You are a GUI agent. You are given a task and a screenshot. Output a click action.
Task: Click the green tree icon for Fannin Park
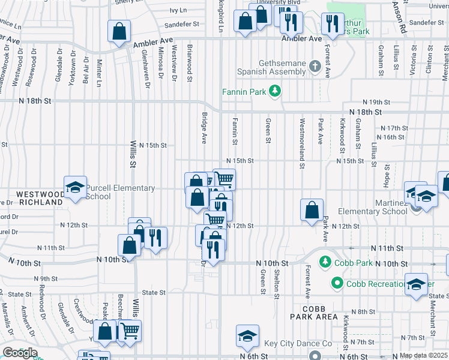click(275, 91)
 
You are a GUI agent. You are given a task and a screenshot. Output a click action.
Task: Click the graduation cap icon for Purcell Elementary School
click(76, 187)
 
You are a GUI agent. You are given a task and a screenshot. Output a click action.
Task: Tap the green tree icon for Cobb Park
click(325, 262)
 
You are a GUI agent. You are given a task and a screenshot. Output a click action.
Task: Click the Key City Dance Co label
click(298, 344)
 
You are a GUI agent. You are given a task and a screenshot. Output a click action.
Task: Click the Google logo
click(20, 353)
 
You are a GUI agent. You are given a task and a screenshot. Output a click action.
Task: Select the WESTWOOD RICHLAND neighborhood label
click(40, 199)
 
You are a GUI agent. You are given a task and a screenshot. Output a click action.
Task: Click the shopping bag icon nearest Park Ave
click(312, 210)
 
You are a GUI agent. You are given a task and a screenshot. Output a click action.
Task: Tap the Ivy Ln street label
click(178, 10)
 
